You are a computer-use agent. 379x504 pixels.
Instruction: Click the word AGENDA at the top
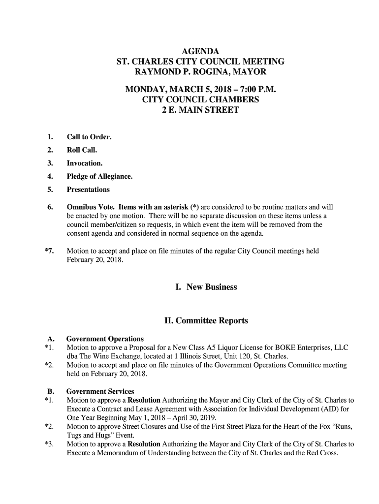pyautogui.click(x=200, y=51)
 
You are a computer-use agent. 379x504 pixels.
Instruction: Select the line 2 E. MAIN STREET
pyautogui.click(x=200, y=110)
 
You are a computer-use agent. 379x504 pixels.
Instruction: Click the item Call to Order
pyautogui.click(x=89, y=136)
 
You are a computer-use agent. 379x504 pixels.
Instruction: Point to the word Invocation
pyautogui.click(x=85, y=163)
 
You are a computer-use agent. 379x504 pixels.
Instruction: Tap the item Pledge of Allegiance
pyautogui.click(x=99, y=176)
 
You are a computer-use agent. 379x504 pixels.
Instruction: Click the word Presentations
pyautogui.click(x=88, y=189)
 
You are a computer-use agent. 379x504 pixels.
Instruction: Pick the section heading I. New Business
pyautogui.click(x=206, y=287)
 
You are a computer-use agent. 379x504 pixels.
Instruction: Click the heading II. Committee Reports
pyautogui.click(x=206, y=321)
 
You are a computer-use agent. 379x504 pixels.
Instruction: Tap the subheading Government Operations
pyautogui.click(x=105, y=339)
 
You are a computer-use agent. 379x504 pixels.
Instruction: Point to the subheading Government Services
pyautogui.click(x=100, y=391)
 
